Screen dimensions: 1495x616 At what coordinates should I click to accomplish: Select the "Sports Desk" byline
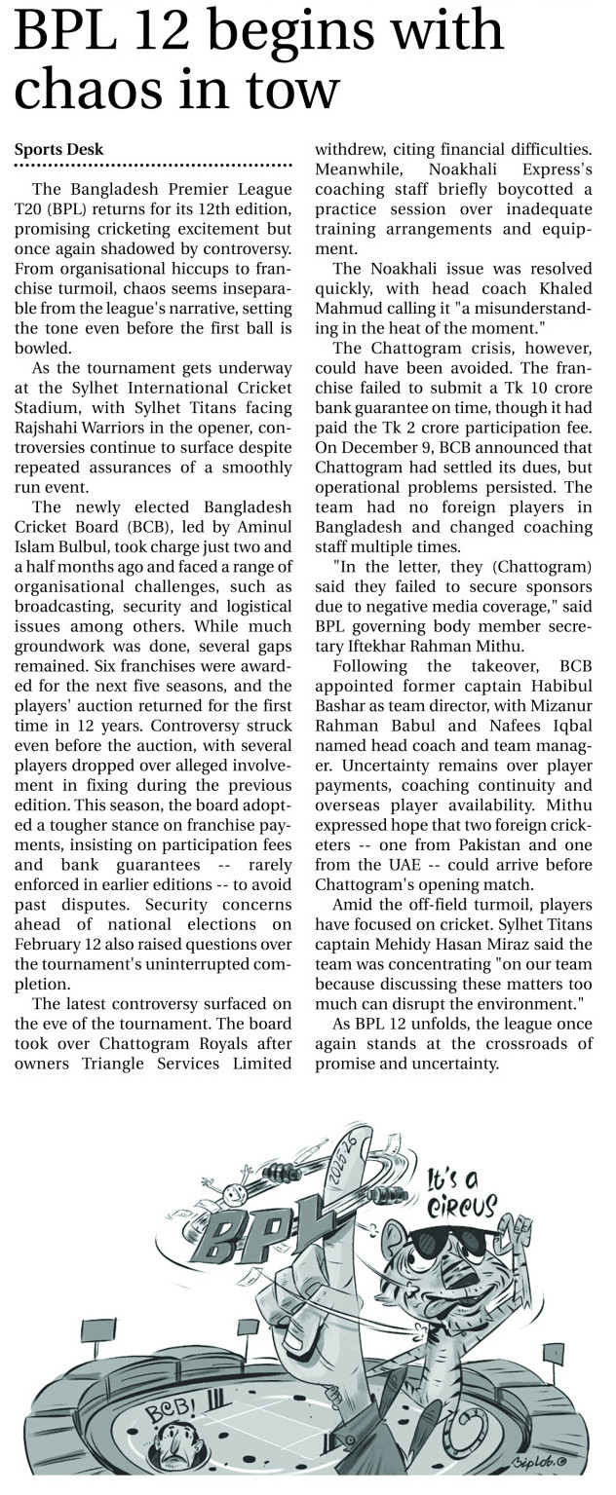(x=58, y=149)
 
